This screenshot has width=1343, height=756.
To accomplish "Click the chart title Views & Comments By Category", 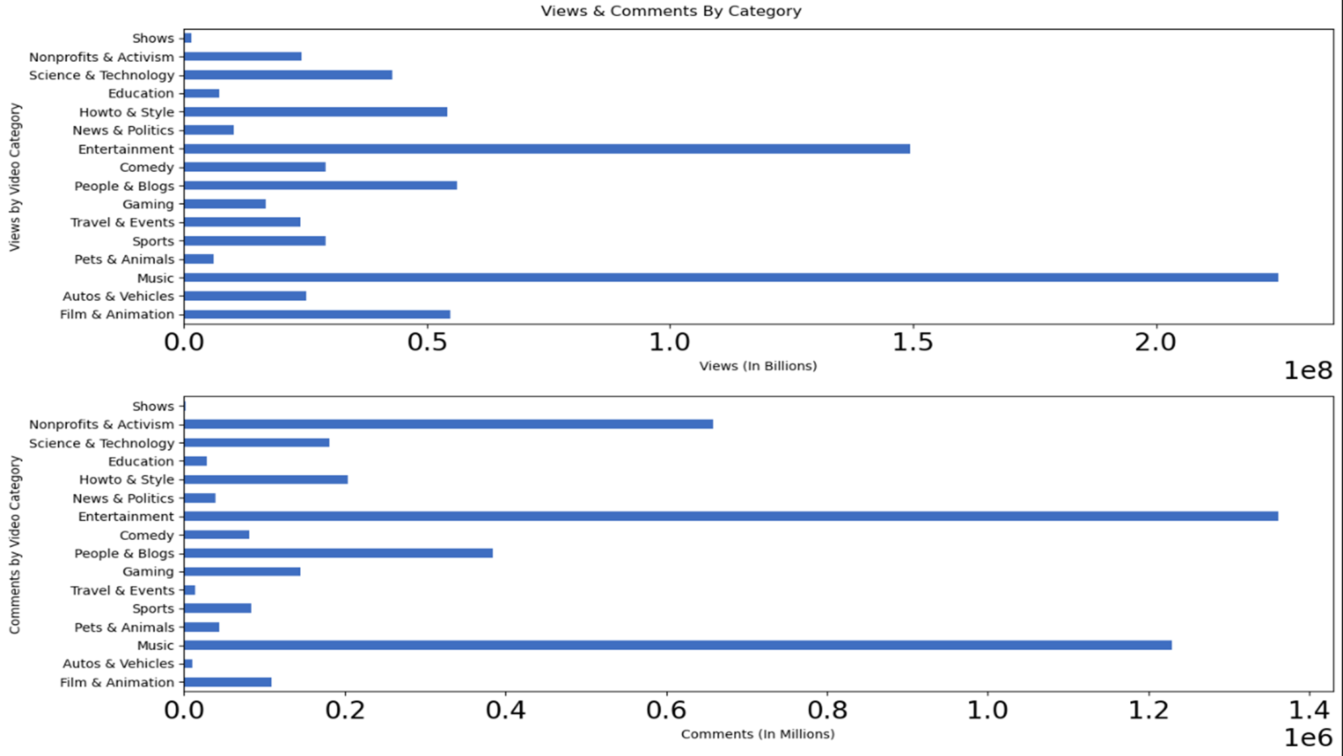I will click(671, 11).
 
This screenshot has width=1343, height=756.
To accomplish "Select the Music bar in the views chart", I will click(731, 277).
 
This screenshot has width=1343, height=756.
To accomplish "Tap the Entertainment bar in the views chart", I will click(547, 149).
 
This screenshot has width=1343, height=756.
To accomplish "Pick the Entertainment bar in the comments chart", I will click(731, 516).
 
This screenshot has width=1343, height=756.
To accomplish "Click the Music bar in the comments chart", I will click(678, 645).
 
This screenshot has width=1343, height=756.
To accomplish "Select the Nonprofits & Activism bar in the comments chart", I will click(448, 424).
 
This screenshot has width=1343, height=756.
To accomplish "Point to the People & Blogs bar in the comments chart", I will click(338, 553).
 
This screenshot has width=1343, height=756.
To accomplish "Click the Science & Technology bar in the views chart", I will click(287, 75).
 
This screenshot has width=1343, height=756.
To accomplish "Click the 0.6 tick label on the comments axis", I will click(666, 710).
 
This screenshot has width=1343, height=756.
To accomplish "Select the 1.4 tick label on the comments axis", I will click(1309, 710).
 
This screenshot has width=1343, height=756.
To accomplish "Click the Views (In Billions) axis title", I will click(757, 366).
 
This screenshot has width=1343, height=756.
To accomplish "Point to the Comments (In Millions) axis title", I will click(757, 734).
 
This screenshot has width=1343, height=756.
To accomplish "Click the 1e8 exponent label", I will click(1307, 371).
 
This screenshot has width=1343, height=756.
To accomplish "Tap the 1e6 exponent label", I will click(1307, 738).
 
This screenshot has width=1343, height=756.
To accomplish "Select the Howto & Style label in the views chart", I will click(126, 112).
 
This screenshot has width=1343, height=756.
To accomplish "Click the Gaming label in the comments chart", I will click(148, 572).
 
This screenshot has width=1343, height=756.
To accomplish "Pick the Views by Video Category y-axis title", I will click(15, 177).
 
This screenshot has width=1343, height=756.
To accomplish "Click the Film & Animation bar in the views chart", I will click(316, 314).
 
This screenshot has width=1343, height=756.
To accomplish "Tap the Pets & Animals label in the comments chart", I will click(124, 627).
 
